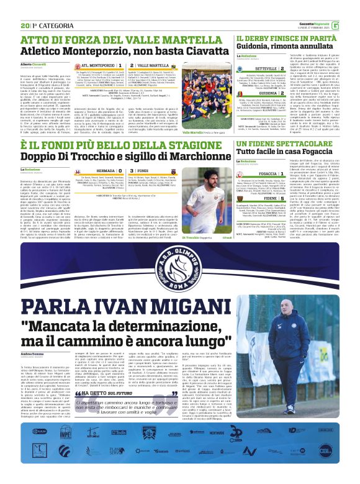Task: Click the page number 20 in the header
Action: point(24,7)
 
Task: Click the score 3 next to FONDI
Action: point(130,170)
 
